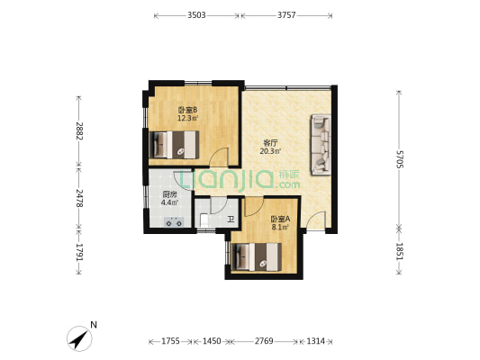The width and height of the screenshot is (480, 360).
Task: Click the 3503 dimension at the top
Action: (196, 15)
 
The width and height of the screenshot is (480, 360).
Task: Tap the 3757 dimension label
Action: (286, 15)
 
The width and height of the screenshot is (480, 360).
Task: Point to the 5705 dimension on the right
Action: (400, 159)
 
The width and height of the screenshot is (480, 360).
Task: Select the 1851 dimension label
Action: (400, 251)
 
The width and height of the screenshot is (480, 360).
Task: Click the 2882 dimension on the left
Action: (79, 130)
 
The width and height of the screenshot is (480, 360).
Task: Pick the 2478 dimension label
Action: (79, 198)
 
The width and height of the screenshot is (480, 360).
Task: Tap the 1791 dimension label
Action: (79, 252)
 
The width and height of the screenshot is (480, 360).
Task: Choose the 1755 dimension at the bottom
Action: (170, 341)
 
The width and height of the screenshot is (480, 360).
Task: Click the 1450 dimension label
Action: (212, 341)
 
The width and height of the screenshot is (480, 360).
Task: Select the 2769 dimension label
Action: (264, 341)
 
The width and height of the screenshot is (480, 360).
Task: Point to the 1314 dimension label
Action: (315, 341)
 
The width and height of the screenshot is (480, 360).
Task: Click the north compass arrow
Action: (79, 338)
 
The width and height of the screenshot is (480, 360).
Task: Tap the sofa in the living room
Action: (321, 144)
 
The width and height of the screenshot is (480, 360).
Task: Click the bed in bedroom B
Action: (174, 145)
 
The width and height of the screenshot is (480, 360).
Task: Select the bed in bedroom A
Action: (257, 256)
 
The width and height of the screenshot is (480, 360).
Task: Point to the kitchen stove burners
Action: (174, 222)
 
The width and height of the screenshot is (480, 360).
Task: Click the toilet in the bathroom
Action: (204, 220)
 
